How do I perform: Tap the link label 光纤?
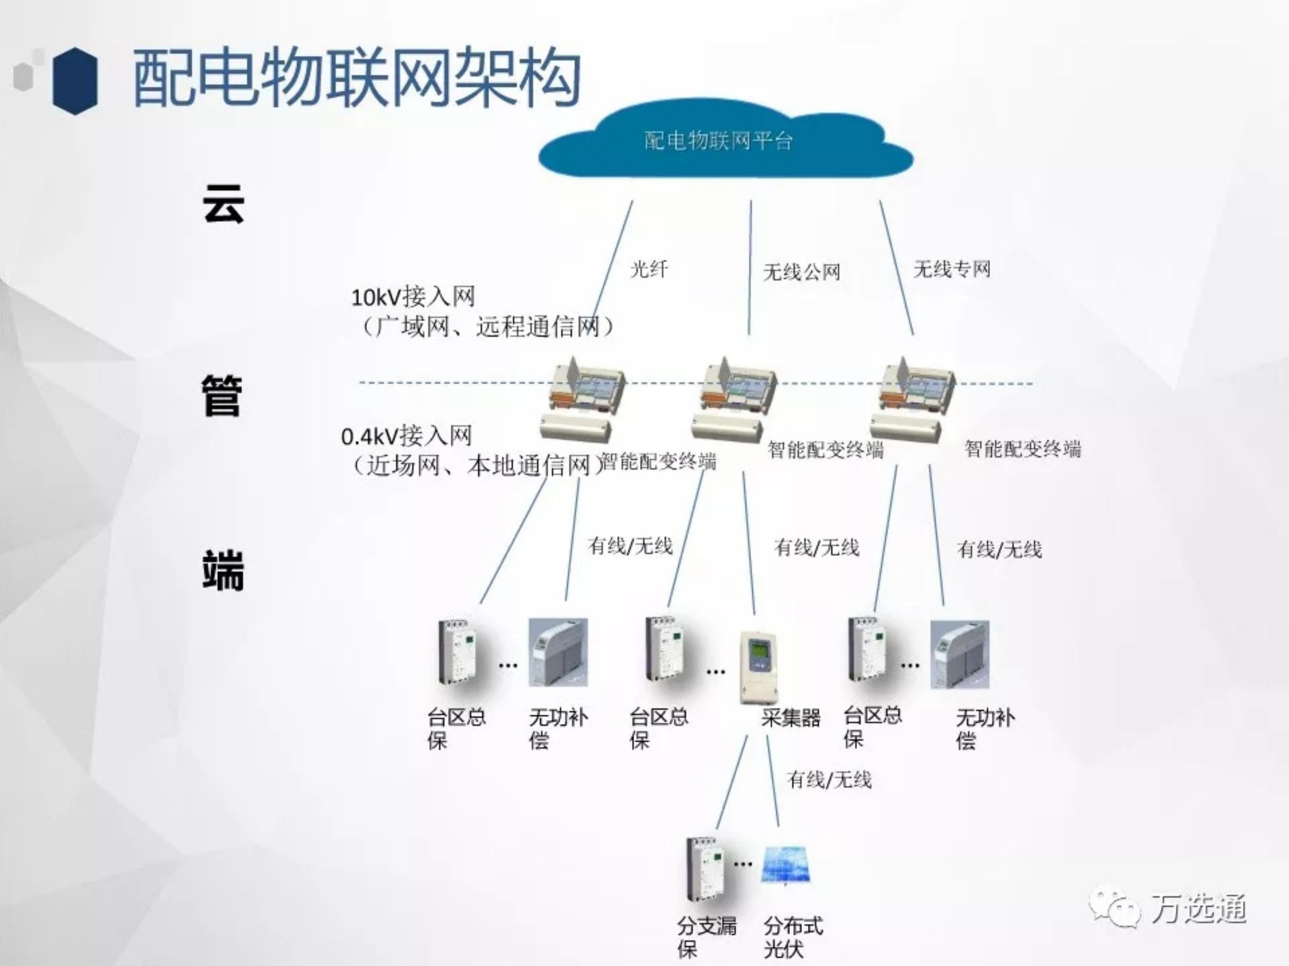pos(649,269)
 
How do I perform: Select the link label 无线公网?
pos(801,272)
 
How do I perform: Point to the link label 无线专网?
pos(952,269)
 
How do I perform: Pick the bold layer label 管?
pos(222,396)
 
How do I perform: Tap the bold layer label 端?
pos(223,571)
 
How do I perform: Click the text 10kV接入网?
pos(412,297)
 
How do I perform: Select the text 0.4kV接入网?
pos(406,436)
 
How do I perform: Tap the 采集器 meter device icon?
pos(759,667)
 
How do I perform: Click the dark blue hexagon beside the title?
pos(75,80)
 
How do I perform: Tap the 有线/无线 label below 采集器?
pos(829,779)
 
